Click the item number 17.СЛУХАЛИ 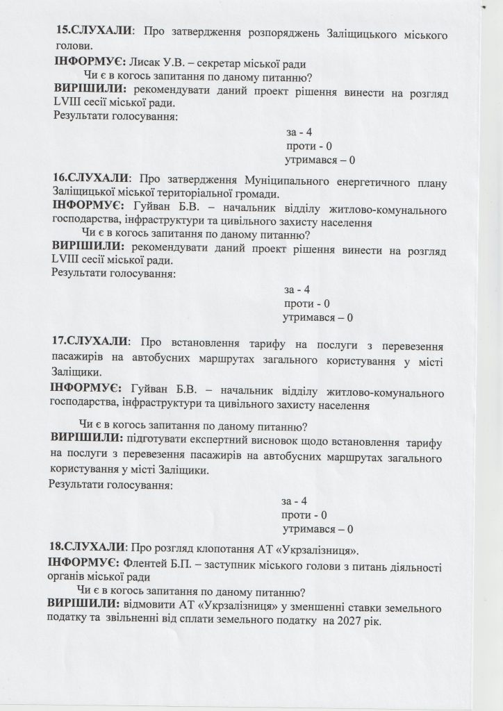pos(90,342)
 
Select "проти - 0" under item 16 pos(306,303)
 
